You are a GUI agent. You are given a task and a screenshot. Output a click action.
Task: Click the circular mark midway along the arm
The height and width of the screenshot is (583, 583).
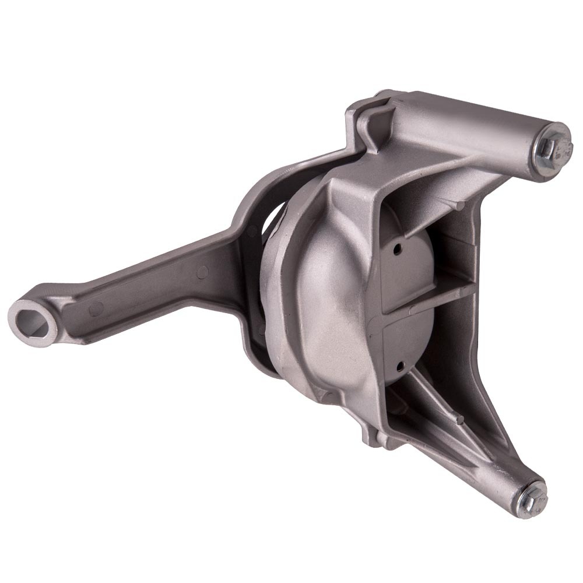(x=203, y=271)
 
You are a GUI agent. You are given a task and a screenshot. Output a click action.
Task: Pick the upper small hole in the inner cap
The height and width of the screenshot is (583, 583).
(x=398, y=250)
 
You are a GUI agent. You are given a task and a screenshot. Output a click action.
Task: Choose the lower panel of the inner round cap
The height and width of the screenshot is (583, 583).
(x=408, y=356)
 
